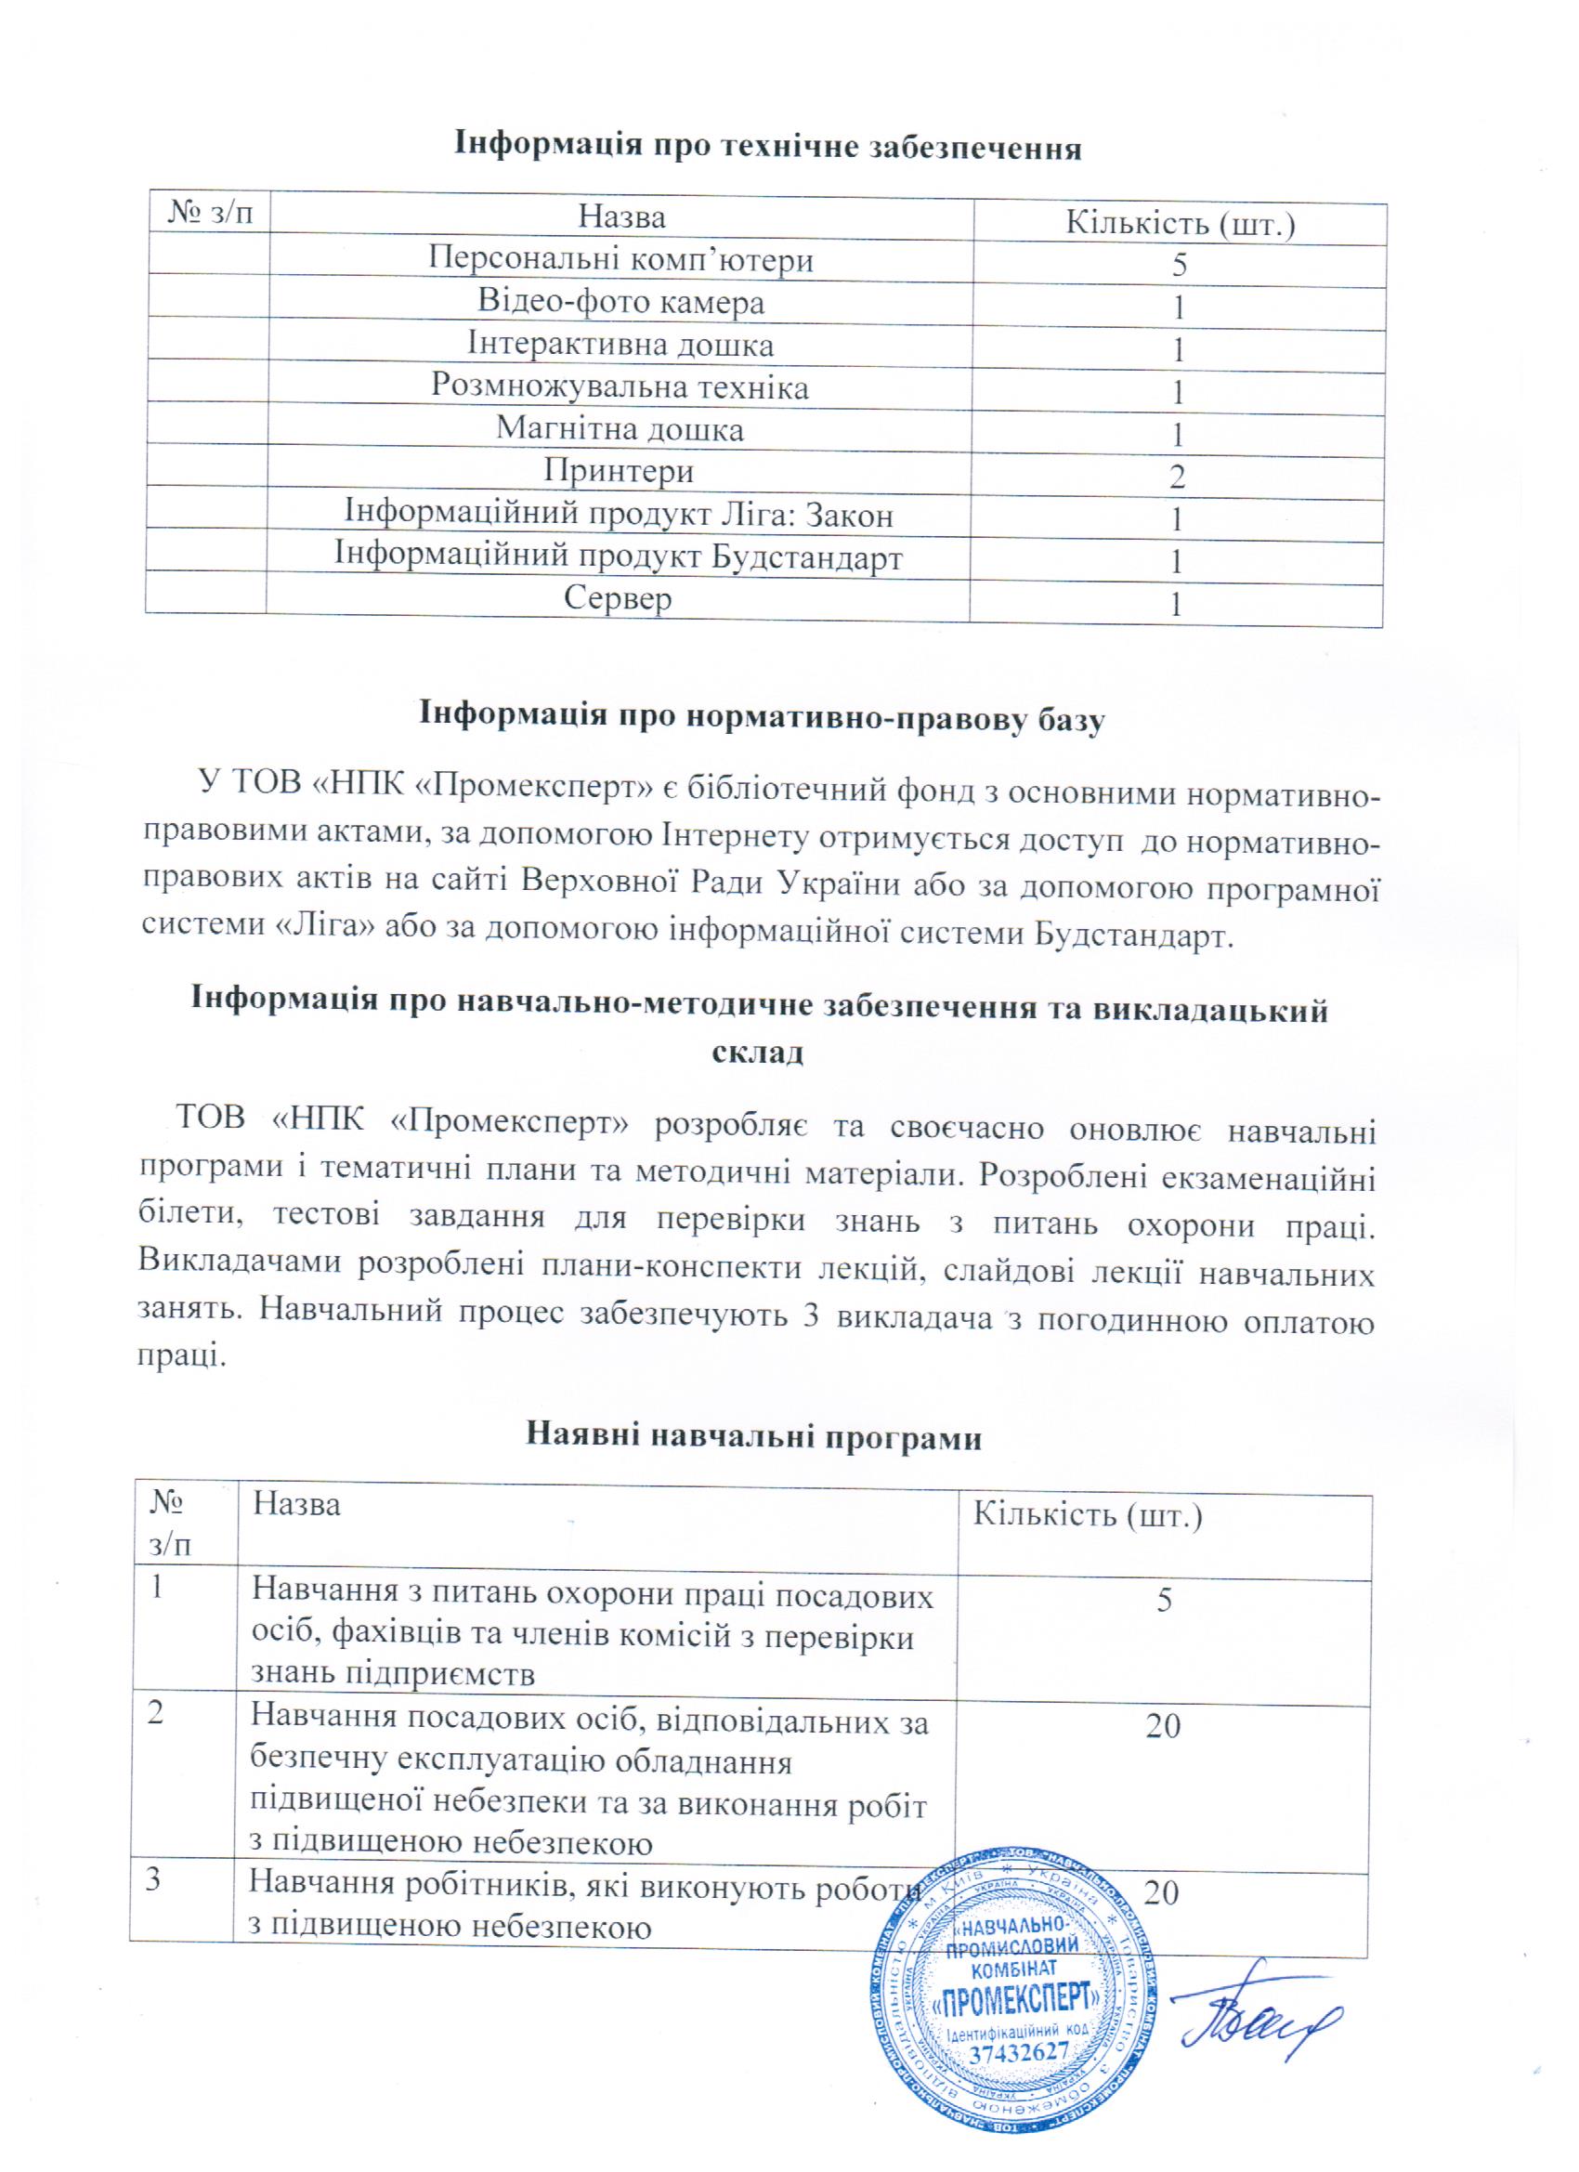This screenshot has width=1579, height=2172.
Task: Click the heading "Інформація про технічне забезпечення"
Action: click(x=767, y=150)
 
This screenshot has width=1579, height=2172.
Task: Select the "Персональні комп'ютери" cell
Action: click(x=620, y=259)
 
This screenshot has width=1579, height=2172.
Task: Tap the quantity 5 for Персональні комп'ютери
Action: click(x=1179, y=266)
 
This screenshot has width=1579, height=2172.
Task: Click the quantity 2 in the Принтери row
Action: click(x=1178, y=477)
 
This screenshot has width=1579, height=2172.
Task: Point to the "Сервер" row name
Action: click(x=619, y=598)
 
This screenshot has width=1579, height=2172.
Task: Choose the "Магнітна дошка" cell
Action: click(x=620, y=429)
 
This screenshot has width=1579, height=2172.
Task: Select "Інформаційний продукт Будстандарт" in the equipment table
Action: click(x=619, y=556)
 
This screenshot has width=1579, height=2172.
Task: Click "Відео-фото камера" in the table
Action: click(x=620, y=303)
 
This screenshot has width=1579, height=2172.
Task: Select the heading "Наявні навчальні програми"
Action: click(x=754, y=1437)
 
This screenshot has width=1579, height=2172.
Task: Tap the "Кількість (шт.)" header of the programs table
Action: click(x=1087, y=1516)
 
